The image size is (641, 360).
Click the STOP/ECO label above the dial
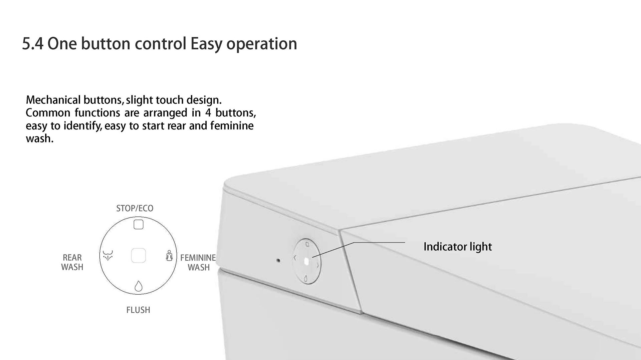coord(135,208)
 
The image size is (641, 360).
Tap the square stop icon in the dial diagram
coord(139,225)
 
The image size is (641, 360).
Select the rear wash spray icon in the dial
coord(108,255)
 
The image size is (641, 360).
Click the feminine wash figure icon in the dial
coord(169,256)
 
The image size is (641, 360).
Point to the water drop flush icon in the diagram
coord(138,286)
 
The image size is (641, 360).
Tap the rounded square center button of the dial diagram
coord(138,256)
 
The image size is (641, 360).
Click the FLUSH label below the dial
coord(138,310)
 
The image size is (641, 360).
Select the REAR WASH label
coord(72,262)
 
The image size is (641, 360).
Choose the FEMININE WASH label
coord(198,263)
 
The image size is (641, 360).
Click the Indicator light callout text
coord(458,247)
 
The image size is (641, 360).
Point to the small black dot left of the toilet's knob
coord(278,260)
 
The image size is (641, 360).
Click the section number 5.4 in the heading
coord(33,44)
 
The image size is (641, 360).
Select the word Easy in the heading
coord(206,44)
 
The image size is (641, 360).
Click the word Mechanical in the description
coord(53,100)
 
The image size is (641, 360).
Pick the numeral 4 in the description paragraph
coord(208,113)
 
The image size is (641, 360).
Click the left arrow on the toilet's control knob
coord(295,258)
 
